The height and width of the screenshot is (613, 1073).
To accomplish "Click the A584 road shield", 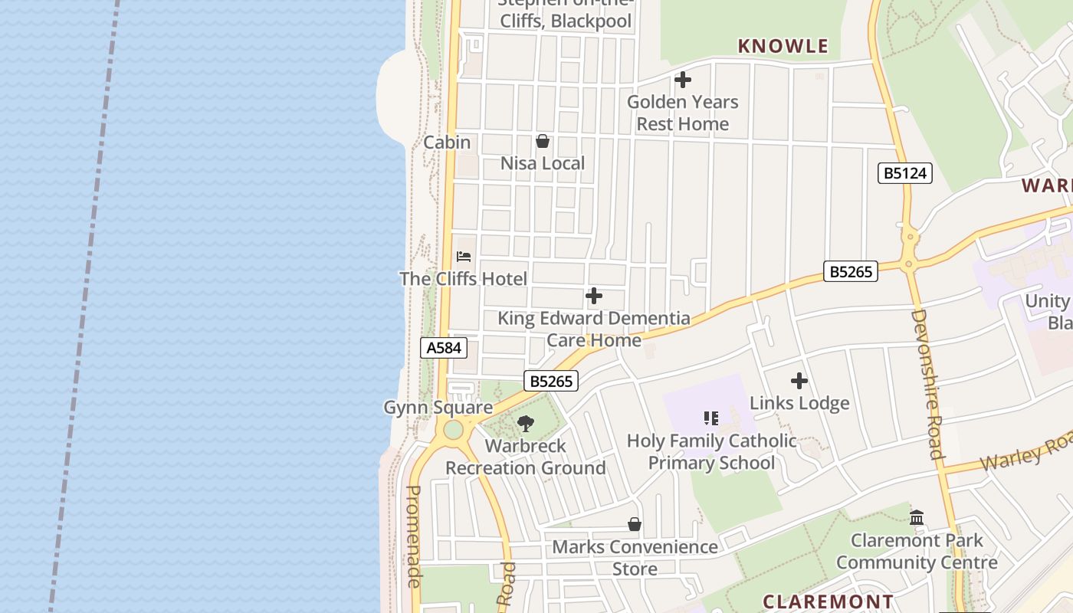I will (x=444, y=348).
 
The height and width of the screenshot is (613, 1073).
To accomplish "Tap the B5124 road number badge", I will (x=904, y=173).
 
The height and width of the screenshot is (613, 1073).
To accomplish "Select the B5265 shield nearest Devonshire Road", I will (x=851, y=271).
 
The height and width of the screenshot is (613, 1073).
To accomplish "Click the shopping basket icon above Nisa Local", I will (x=543, y=141).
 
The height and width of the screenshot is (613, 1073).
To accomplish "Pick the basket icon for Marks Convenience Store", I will (x=635, y=524).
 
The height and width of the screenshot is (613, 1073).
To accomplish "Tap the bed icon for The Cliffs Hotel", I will (x=464, y=257).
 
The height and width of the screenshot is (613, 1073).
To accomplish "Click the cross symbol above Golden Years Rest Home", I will (x=682, y=80).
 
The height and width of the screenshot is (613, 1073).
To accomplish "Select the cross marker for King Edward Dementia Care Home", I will (x=593, y=296).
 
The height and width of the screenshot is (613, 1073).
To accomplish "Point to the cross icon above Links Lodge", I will (x=799, y=381).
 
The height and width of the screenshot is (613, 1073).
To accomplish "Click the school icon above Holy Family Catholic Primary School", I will (x=711, y=418).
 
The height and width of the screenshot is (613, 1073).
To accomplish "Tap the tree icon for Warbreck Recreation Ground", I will (x=526, y=423).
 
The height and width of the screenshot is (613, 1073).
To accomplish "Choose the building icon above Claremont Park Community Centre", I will (x=917, y=518).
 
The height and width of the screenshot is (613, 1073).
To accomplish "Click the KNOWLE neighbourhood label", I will (x=783, y=46).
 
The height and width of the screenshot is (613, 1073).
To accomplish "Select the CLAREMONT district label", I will (x=829, y=602).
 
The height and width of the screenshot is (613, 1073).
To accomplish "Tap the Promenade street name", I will (x=414, y=536).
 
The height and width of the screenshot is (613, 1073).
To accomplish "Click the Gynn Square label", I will (x=438, y=407).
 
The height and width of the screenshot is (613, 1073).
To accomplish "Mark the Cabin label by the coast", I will (x=447, y=143).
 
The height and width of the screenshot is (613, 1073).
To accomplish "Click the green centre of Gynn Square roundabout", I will (x=453, y=430).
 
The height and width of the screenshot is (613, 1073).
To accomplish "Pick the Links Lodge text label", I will (x=799, y=403).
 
